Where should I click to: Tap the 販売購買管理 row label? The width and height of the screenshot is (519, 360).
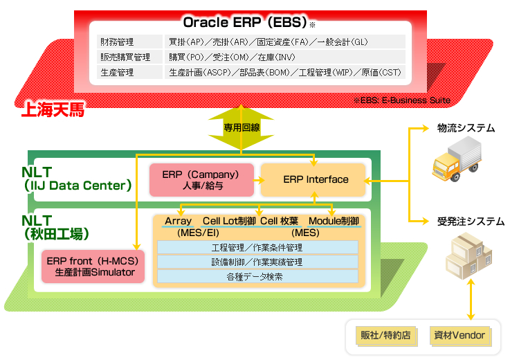(x=125, y=57)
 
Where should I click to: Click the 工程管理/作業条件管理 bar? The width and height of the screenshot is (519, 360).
(x=257, y=247)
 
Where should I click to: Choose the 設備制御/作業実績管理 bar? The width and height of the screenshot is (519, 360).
(x=257, y=262)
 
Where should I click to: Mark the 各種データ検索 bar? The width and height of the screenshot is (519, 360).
(x=257, y=276)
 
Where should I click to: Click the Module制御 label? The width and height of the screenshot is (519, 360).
(x=334, y=221)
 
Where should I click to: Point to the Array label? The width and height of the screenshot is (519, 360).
(x=179, y=221)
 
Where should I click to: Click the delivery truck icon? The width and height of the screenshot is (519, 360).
(x=457, y=161)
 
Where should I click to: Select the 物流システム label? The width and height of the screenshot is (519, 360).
(x=466, y=128)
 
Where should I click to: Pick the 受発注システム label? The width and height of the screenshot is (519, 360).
(x=471, y=222)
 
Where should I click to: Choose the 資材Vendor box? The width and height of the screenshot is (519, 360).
(x=459, y=335)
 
